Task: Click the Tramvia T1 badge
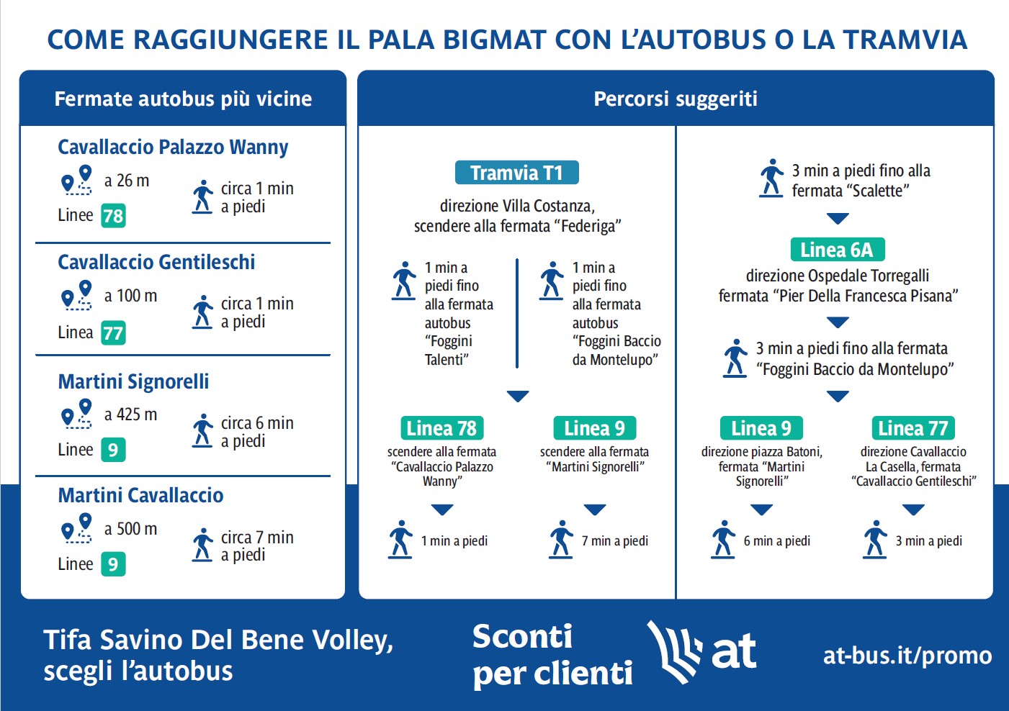(516, 173)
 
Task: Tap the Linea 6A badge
(837, 250)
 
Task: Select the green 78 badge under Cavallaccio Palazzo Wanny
(113, 216)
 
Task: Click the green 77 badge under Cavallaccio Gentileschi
(113, 332)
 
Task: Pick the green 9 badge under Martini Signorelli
(113, 450)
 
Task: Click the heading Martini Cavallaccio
(140, 495)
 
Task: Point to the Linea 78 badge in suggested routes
(441, 428)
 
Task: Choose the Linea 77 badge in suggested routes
(912, 428)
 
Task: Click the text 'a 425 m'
(130, 415)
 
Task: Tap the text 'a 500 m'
(130, 529)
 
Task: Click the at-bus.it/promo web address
(907, 656)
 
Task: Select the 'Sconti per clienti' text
(552, 655)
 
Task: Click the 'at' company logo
(702, 652)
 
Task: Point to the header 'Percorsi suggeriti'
(676, 99)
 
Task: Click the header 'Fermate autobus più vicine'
(183, 99)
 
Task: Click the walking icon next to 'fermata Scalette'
(771, 178)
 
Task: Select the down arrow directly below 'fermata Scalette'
(838, 218)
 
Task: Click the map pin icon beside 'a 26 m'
(77, 181)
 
